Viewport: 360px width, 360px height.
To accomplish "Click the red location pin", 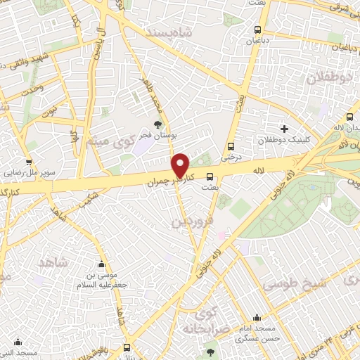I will pyautogui.click(x=181, y=165).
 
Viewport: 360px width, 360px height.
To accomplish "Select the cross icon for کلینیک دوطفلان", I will pyautogui.click(x=284, y=129).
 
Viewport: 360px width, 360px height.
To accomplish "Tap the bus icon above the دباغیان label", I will pyautogui.click(x=257, y=30).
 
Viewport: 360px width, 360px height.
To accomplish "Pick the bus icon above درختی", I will pyautogui.click(x=231, y=147).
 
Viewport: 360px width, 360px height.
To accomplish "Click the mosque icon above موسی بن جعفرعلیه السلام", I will pyautogui.click(x=102, y=265).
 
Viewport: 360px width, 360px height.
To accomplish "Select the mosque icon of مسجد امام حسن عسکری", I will pyautogui.click(x=257, y=317).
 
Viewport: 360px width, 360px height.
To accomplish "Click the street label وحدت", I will pyautogui.click(x=32, y=88).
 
